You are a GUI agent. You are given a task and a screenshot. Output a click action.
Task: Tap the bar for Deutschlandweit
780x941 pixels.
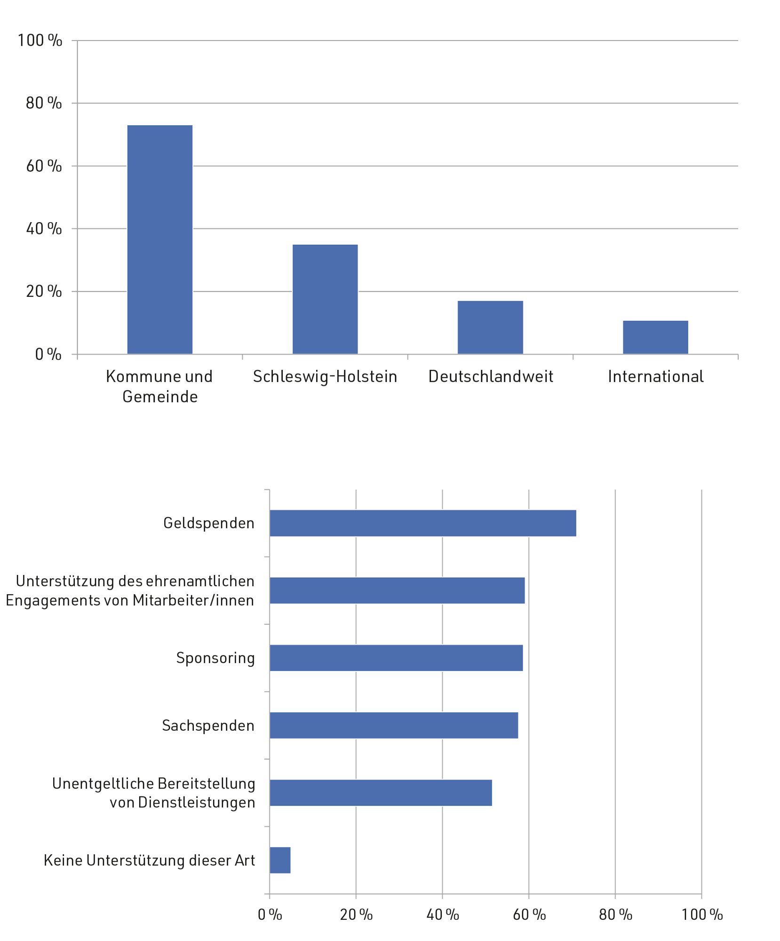click(490, 327)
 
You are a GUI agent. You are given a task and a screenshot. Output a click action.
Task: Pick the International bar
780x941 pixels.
click(655, 337)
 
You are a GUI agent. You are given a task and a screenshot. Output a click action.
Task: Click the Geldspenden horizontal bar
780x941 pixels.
click(422, 523)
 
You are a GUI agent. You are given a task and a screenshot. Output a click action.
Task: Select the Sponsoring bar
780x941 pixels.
click(396, 658)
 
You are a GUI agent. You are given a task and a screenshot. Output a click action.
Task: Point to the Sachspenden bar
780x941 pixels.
click(393, 725)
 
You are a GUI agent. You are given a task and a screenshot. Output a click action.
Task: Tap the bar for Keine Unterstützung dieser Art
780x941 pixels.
click(280, 860)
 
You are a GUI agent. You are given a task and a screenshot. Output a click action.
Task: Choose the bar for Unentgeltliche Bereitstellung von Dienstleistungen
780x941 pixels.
click(380, 793)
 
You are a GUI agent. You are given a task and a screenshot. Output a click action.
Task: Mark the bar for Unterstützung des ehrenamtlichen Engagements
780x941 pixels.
click(397, 590)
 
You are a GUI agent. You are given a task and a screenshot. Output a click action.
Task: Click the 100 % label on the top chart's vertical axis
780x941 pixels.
click(40, 40)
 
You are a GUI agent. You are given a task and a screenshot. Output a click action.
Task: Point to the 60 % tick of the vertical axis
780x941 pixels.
click(44, 166)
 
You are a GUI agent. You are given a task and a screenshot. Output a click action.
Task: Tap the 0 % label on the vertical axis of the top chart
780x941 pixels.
click(48, 354)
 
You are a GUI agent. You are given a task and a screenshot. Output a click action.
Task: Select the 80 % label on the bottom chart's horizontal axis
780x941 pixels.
click(615, 915)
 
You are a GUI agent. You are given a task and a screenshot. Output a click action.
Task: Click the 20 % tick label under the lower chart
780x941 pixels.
click(356, 915)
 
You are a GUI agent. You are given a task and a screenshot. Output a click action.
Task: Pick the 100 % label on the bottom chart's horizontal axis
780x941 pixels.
click(702, 915)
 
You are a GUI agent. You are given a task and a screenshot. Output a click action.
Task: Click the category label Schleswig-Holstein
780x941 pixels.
click(325, 376)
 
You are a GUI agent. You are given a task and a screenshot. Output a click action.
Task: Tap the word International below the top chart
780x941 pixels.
click(655, 376)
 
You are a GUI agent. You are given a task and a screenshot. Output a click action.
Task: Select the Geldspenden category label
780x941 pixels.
click(208, 523)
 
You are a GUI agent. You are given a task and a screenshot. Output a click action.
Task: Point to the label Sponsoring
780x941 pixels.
click(215, 658)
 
